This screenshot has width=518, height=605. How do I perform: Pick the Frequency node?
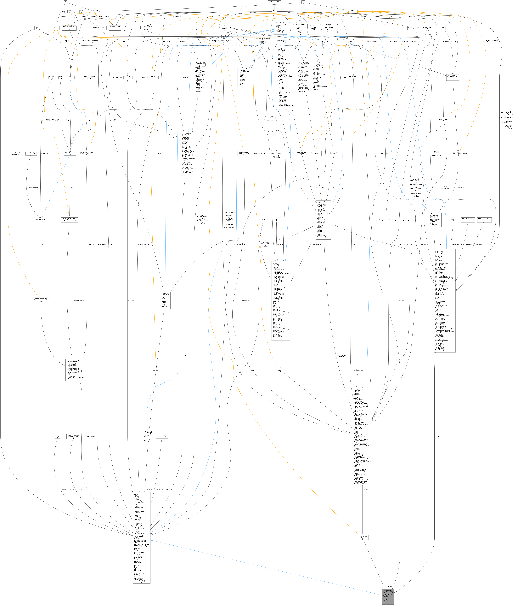point(52,77)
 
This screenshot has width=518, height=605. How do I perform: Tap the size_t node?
point(58,437)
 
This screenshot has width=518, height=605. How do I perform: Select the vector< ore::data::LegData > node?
point(362,538)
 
